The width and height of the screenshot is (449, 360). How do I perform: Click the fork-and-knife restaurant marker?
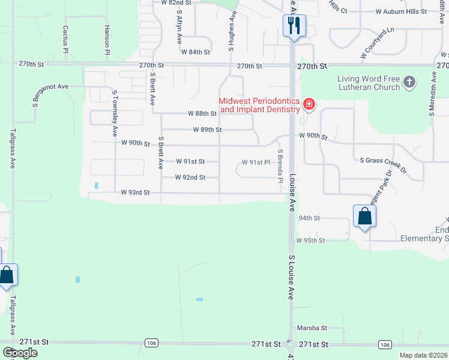(x=294, y=26)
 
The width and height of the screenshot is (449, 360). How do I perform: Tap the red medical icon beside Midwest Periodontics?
(x=309, y=106)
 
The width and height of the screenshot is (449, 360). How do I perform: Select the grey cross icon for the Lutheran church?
(x=409, y=82)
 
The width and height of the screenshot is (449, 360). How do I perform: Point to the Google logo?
(x=20, y=353)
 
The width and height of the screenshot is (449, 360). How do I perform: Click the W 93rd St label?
(x=135, y=193)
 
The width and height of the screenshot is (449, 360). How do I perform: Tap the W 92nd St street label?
(x=190, y=178)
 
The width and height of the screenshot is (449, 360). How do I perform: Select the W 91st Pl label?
(x=256, y=163)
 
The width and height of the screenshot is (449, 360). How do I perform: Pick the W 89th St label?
(x=208, y=130)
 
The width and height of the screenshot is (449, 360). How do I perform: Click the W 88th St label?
(x=202, y=113)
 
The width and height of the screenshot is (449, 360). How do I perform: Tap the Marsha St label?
(x=312, y=328)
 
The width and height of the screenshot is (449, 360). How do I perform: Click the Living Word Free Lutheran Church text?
(x=369, y=83)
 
